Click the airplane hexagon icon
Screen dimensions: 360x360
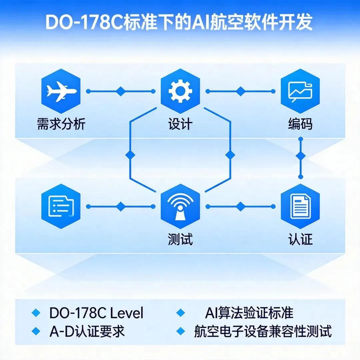pyautogui.click(x=61, y=91)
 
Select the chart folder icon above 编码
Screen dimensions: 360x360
pyautogui.click(x=300, y=91)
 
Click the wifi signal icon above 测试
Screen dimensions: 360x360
pyautogui.click(x=180, y=206)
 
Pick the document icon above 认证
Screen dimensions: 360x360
pyautogui.click(x=300, y=206)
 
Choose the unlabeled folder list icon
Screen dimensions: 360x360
pyautogui.click(x=61, y=206)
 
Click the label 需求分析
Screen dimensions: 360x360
pyautogui.click(x=61, y=124)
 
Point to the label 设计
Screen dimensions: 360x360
pyautogui.click(x=180, y=124)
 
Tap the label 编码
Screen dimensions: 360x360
pyautogui.click(x=300, y=124)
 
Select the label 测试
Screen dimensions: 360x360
pyautogui.click(x=180, y=239)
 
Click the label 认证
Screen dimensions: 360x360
pyautogui.click(x=300, y=239)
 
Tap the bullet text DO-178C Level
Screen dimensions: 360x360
pyautogui.click(x=96, y=313)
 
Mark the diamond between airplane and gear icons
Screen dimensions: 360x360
pyautogui.click(x=121, y=91)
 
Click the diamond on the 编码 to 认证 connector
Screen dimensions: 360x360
pyautogui.click(x=301, y=156)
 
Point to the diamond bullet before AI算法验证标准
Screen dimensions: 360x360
pyautogui.click(x=180, y=313)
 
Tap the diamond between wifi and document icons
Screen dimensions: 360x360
pyautogui.click(x=240, y=206)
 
